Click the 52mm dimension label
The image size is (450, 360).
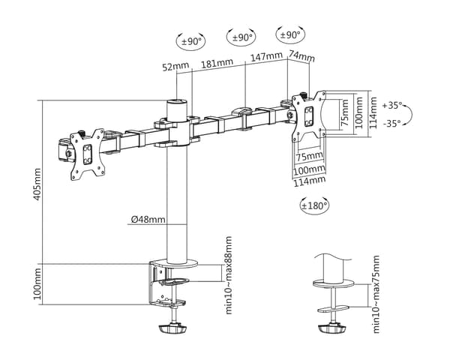pyautogui.click(x=175, y=66)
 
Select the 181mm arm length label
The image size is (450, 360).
pyautogui.click(x=217, y=63)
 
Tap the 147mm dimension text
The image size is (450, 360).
pyautogui.click(x=267, y=56)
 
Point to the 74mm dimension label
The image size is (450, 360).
pyautogui.click(x=301, y=56)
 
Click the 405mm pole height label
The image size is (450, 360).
pyautogui.click(x=37, y=184)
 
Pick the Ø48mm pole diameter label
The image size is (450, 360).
pyautogui.click(x=148, y=220)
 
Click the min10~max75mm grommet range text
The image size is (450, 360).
pyautogui.click(x=376, y=294)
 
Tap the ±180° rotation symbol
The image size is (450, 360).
pyautogui.click(x=314, y=205)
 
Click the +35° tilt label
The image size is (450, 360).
pyautogui.click(x=392, y=105)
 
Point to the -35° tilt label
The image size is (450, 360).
pyautogui.click(x=392, y=124)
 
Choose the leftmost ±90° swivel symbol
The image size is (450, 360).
pyautogui.click(x=190, y=41)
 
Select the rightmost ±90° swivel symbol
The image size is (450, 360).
pyautogui.click(x=290, y=35)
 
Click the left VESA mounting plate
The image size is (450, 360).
pyautogui.click(x=88, y=154)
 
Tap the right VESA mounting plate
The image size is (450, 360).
pyautogui.click(x=309, y=116)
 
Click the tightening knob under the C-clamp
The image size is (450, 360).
pyautogui.click(x=173, y=328)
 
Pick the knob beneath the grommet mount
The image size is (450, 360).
pyautogui.click(x=332, y=328)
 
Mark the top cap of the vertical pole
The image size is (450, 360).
pyautogui.click(x=176, y=103)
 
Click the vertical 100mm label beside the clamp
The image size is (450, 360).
pyautogui.click(x=37, y=283)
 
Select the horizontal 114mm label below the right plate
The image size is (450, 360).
pyautogui.click(x=310, y=181)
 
